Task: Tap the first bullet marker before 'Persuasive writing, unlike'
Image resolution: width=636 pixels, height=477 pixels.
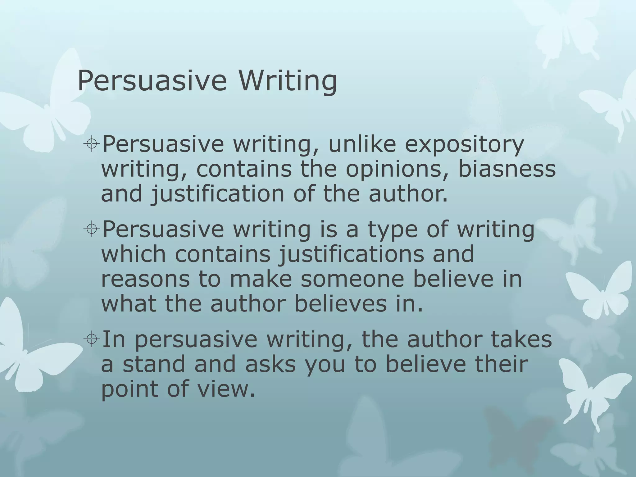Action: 92,144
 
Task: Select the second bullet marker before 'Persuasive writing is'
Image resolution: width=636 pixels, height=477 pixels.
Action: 92,230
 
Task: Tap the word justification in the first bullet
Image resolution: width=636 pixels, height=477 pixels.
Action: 218,194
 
